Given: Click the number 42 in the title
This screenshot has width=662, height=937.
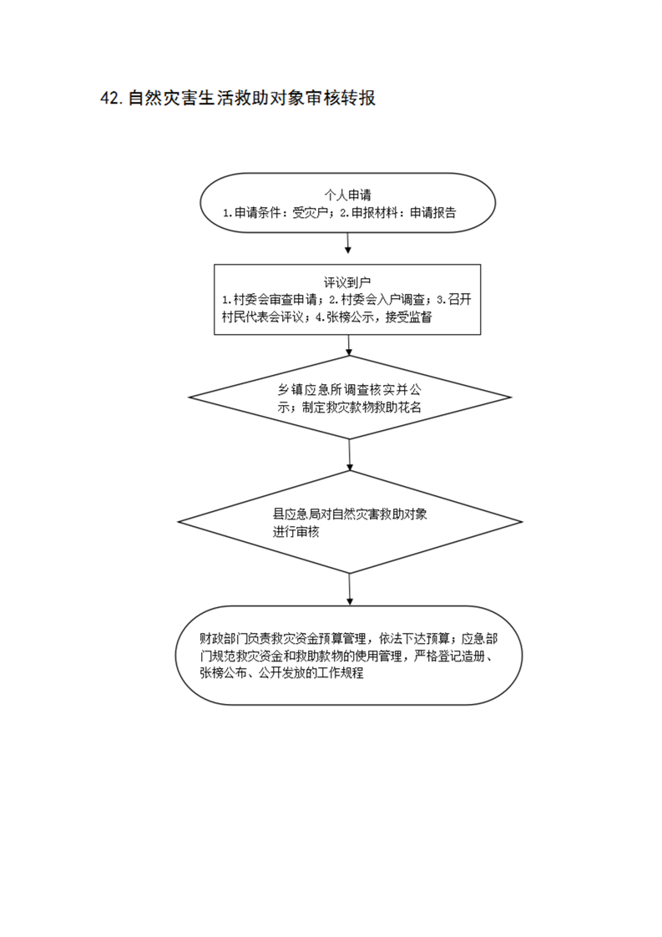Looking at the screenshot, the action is pyautogui.click(x=111, y=98).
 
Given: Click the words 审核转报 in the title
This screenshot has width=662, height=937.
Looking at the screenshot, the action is pyautogui.click(x=341, y=98).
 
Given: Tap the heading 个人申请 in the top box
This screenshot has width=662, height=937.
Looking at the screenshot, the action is pyautogui.click(x=348, y=195).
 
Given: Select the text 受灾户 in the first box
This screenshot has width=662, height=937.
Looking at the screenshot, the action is pyautogui.click(x=310, y=212).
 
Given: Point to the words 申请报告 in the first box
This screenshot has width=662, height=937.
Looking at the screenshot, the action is pyautogui.click(x=433, y=212).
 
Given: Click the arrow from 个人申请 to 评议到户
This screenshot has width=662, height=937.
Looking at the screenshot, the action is pyautogui.click(x=348, y=243).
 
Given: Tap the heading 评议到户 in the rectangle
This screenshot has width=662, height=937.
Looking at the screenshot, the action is pyautogui.click(x=347, y=281).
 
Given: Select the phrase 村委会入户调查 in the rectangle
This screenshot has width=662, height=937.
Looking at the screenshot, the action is pyautogui.click(x=382, y=299).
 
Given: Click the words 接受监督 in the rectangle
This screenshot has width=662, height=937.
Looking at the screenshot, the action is pyautogui.click(x=409, y=317).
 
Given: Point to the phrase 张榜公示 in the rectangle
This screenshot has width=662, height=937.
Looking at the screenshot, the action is pyautogui.click(x=350, y=317).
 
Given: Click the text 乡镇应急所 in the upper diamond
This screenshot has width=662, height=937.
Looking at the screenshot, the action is pyautogui.click(x=306, y=390).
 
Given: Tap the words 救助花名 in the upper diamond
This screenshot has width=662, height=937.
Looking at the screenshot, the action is pyautogui.click(x=398, y=408).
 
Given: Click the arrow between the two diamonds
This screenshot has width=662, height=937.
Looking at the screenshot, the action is pyautogui.click(x=350, y=455).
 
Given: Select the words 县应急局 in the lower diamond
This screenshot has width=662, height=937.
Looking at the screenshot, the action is pyautogui.click(x=296, y=514).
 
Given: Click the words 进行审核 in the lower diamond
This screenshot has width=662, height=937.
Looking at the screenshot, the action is pyautogui.click(x=296, y=532).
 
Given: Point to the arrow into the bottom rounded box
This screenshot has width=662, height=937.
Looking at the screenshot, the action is pyautogui.click(x=350, y=590).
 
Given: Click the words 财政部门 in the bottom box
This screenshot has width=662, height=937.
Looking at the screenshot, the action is pyautogui.click(x=223, y=638).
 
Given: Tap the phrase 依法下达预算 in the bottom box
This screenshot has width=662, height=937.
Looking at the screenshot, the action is pyautogui.click(x=414, y=638).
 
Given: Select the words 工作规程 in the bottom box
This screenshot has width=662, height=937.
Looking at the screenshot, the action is pyautogui.click(x=341, y=673).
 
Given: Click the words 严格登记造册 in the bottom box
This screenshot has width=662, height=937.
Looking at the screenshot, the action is pyautogui.click(x=449, y=656).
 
